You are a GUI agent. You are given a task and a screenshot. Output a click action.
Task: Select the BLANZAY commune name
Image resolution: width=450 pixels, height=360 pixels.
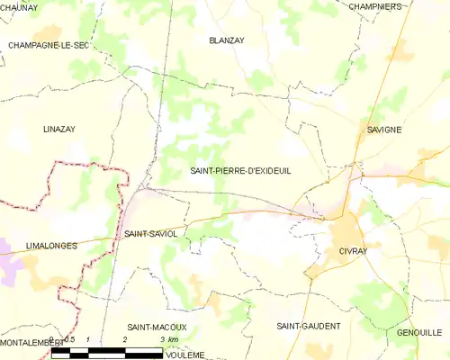227,40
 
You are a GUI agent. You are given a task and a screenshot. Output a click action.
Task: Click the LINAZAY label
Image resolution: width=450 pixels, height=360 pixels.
60,130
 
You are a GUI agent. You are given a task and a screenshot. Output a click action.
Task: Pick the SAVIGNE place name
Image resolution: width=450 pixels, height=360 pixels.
384,130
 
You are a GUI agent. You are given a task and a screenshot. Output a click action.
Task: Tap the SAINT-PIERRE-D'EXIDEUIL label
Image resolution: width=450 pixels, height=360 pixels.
241,170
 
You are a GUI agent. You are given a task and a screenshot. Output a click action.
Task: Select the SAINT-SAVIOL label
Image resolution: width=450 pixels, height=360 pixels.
150,233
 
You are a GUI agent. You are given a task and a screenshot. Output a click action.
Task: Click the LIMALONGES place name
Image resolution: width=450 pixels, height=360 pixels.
51,245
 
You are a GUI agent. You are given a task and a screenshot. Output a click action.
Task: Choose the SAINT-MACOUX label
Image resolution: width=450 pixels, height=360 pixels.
157,327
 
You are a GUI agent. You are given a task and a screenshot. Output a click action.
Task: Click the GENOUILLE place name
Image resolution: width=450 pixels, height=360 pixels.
418,332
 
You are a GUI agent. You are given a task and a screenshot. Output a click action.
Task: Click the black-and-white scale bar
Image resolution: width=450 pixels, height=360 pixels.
108,352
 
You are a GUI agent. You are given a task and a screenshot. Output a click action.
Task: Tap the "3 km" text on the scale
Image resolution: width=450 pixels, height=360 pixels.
167,338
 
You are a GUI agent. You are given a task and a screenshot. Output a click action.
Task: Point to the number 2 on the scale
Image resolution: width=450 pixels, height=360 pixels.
124,338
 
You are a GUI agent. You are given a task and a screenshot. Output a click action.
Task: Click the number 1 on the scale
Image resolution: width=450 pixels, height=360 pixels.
87,338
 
